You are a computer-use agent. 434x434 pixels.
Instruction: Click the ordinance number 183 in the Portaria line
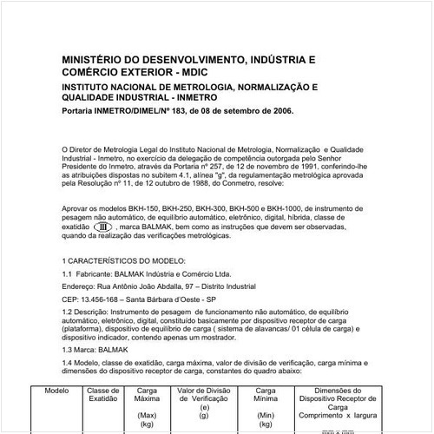(x=177, y=111)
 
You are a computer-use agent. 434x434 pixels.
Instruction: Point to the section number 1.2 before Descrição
(x=69, y=311)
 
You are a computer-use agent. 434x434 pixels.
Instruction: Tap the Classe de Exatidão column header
(x=103, y=395)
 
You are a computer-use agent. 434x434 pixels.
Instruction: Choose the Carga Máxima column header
(x=147, y=395)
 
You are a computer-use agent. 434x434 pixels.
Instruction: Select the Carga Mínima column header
(x=266, y=395)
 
